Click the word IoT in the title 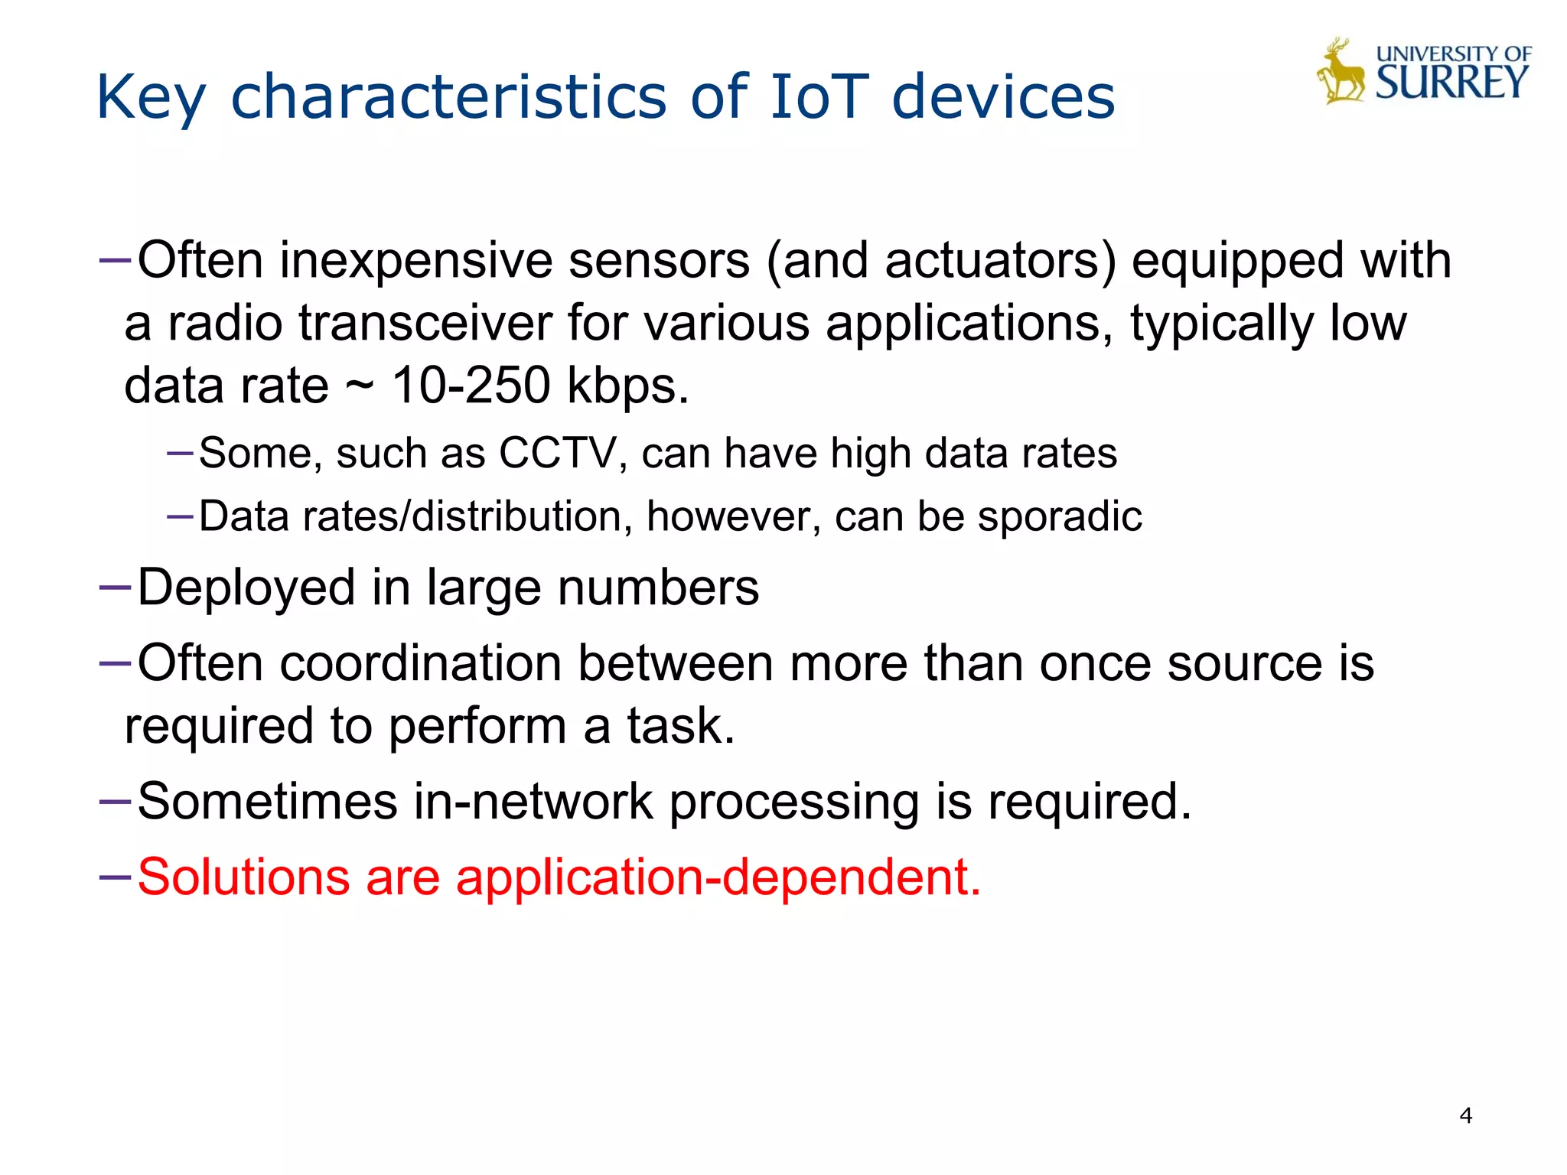coord(819,97)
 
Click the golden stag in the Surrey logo coord(1341,73)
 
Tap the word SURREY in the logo coord(1451,83)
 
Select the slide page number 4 coord(1465,1115)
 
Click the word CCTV coord(557,453)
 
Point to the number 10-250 coord(471,385)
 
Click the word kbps coord(627,386)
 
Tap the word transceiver coord(425,323)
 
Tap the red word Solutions coord(243,877)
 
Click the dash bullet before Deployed coord(116,587)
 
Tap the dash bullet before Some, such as coord(179,453)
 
